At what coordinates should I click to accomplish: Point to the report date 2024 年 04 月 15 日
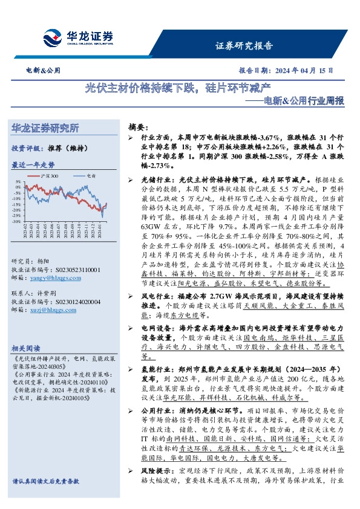304,71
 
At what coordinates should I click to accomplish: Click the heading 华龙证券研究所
45,129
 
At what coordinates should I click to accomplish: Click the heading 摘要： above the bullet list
137,128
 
